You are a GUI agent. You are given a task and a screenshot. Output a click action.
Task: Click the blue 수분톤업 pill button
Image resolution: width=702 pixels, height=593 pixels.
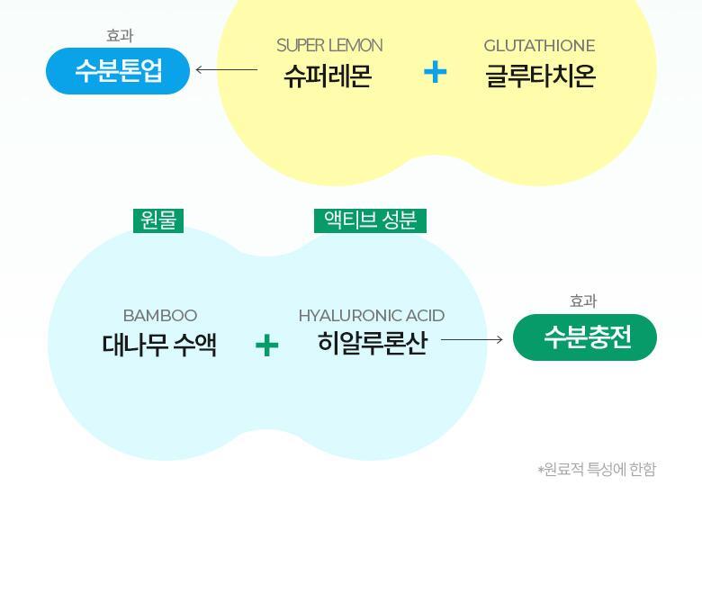[118, 71]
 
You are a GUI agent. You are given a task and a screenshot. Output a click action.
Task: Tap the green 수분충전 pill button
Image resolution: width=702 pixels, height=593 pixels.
[585, 337]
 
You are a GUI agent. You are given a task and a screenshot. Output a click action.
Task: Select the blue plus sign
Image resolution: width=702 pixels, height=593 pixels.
[436, 72]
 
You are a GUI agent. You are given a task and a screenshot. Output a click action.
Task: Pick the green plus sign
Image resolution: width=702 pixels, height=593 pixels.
[266, 346]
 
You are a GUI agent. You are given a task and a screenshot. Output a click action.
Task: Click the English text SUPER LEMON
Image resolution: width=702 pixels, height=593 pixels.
[329, 45]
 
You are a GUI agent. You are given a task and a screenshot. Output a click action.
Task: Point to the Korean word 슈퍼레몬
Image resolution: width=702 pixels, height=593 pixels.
[328, 76]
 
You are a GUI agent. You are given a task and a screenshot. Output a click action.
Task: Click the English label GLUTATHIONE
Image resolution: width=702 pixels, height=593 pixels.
[539, 45]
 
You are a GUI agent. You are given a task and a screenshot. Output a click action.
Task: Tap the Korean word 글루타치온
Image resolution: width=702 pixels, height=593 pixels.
[540, 76]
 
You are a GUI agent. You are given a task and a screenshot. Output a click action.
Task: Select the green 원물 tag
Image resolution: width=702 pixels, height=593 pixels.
[158, 220]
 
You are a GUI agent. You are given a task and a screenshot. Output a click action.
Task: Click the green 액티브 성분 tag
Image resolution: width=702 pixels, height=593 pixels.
[370, 220]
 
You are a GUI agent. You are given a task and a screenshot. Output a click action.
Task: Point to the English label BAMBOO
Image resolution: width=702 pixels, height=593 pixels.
[159, 316]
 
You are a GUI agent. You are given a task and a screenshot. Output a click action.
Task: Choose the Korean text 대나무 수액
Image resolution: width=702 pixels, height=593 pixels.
[159, 345]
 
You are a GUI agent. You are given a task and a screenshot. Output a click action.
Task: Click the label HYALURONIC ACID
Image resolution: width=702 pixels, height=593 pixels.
[371, 316]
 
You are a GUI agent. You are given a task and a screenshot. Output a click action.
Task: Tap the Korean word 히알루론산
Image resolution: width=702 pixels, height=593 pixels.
[372, 344]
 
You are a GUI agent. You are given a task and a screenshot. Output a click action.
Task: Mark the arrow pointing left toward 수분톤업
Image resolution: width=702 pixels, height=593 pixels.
[226, 69]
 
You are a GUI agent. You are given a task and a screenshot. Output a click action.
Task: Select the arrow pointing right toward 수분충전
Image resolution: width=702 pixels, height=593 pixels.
[472, 339]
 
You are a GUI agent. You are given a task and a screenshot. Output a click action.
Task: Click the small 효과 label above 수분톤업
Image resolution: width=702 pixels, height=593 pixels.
[120, 36]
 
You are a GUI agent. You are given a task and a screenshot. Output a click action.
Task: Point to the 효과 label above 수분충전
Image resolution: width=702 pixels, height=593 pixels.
[583, 301]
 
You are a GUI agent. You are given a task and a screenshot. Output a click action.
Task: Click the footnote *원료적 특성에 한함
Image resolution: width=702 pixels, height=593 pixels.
[597, 470]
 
